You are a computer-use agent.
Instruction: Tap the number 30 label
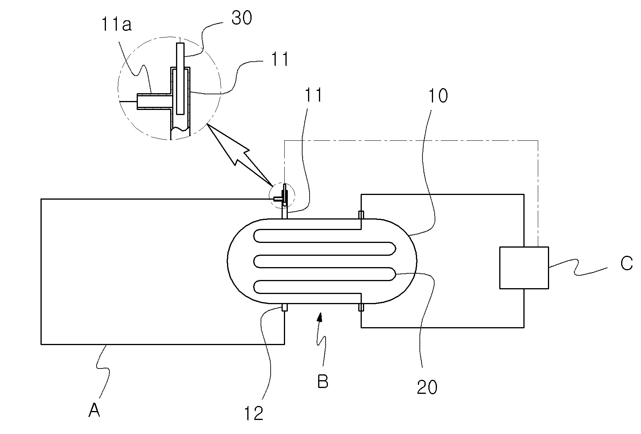click(242, 18)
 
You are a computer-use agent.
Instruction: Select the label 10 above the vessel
click(438, 96)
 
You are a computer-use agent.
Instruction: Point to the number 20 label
click(427, 387)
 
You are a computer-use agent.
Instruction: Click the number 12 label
click(254, 413)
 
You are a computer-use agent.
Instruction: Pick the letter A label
click(94, 410)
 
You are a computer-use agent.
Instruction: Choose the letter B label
click(323, 381)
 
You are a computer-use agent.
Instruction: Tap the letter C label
click(627, 263)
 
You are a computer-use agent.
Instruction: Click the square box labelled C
click(524, 267)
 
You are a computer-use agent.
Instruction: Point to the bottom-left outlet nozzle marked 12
click(284, 307)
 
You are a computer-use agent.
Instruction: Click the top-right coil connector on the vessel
click(361, 215)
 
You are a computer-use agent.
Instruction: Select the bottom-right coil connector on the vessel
click(361, 307)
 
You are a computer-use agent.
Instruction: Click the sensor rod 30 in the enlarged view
click(180, 78)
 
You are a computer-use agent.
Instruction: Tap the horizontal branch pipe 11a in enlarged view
click(154, 101)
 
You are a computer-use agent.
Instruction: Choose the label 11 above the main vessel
click(313, 95)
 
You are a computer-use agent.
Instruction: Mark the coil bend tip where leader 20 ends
click(396, 274)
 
